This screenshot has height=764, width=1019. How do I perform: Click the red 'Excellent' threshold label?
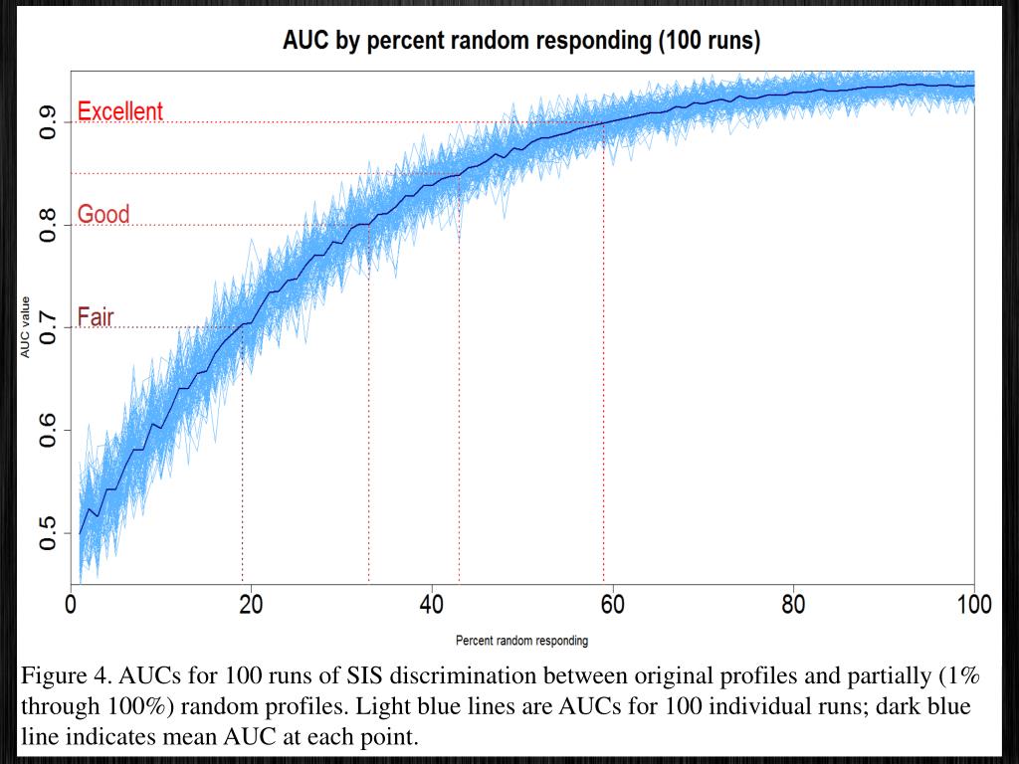coord(119,111)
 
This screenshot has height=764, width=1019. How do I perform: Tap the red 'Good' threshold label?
coord(103,214)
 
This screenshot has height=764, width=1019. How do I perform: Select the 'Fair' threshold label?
coord(96,317)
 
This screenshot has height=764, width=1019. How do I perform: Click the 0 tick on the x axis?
coord(71,605)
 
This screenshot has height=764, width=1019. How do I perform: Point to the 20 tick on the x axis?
coord(251,605)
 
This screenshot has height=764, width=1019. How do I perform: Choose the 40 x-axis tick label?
coord(431,605)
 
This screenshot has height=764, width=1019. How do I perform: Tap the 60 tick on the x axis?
coord(612,605)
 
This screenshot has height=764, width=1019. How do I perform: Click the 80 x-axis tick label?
coord(793,605)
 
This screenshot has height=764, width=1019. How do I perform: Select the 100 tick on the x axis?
coord(973,605)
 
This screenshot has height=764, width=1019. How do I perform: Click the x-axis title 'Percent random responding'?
coord(521,641)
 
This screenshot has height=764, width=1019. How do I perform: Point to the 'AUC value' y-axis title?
coord(25,327)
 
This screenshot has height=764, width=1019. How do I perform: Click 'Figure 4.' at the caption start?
coord(66,676)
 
